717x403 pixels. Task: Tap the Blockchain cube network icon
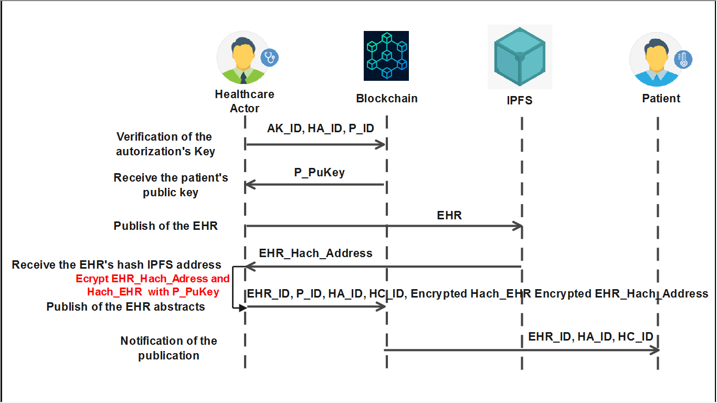(386, 56)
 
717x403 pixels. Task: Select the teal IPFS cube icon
(519, 57)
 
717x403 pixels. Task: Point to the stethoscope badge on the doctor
(270, 57)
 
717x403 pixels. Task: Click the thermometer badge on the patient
(683, 59)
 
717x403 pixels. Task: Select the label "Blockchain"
(387, 99)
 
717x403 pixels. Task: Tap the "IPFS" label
(520, 100)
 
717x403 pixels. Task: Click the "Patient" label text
(661, 99)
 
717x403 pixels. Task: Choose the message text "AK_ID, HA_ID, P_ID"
(321, 129)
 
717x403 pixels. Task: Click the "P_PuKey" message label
(319, 173)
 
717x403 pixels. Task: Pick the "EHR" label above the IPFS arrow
(449, 215)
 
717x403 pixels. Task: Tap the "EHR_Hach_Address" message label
(315, 253)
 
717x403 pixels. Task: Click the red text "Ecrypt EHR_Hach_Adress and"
(153, 279)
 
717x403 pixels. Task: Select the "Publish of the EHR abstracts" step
(126, 306)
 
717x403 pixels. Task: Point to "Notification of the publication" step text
(168, 348)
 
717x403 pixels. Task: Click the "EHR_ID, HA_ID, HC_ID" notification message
(591, 337)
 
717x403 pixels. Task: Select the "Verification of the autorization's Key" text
(164, 144)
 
